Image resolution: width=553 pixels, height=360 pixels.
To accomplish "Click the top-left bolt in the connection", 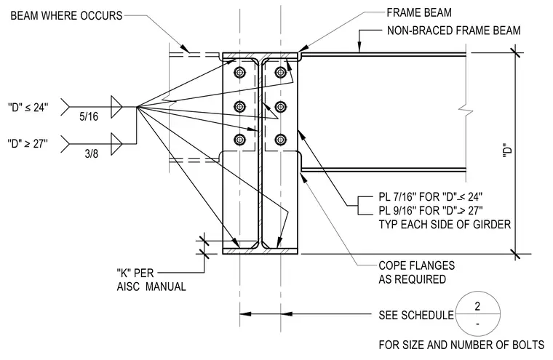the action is coord(240,73).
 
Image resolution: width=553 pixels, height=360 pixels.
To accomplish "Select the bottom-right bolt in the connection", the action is coord(280,140).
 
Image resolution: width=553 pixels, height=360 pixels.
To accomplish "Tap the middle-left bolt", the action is coord(240,106).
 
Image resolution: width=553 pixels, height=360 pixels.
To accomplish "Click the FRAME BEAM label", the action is coord(419,12).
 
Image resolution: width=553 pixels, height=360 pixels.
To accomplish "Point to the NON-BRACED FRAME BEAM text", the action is coord(453,31).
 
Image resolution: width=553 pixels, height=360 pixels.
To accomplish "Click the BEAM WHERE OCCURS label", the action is coord(66,16).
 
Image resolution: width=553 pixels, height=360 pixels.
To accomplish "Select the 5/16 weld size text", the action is coord(89,116).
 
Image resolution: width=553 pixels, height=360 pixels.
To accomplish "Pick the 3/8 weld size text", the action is coord(92,153).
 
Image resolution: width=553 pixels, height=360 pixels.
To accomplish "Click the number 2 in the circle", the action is coord(477,306).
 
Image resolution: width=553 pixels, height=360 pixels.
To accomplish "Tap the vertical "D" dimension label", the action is coord(507,151).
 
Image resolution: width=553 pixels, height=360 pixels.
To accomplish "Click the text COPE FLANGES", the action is coord(416,265).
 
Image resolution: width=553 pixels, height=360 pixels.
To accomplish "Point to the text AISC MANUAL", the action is coord(151,287).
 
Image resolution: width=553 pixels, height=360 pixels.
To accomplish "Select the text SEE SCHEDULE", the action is coord(416,315).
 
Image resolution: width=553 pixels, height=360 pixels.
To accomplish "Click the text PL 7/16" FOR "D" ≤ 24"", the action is coord(431,196).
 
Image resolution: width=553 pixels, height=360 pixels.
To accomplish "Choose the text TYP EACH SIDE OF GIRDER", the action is coord(445,224).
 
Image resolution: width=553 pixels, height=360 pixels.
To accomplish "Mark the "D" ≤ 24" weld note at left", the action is coord(28,107).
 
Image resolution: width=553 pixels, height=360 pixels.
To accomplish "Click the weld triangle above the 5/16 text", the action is coord(116,106).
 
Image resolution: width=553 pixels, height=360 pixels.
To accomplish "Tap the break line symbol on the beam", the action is coord(466,110).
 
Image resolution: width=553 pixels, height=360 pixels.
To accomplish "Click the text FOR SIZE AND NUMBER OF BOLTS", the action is coord(461,345).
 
